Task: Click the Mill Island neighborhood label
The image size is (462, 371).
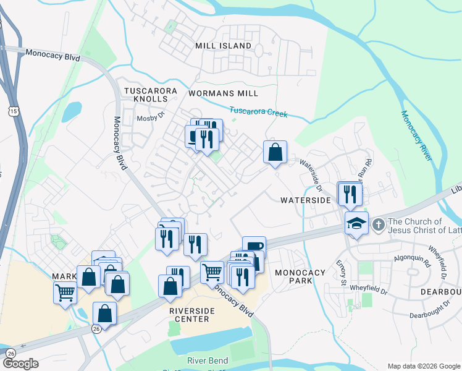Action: (223, 46)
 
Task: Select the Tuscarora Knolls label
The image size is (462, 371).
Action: (151, 95)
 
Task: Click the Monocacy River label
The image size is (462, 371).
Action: (414, 136)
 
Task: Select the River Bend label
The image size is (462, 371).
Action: (208, 360)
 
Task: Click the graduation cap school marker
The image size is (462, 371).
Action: (357, 222)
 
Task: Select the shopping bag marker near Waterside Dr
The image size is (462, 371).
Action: (275, 151)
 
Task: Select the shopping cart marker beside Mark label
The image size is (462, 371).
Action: (65, 291)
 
